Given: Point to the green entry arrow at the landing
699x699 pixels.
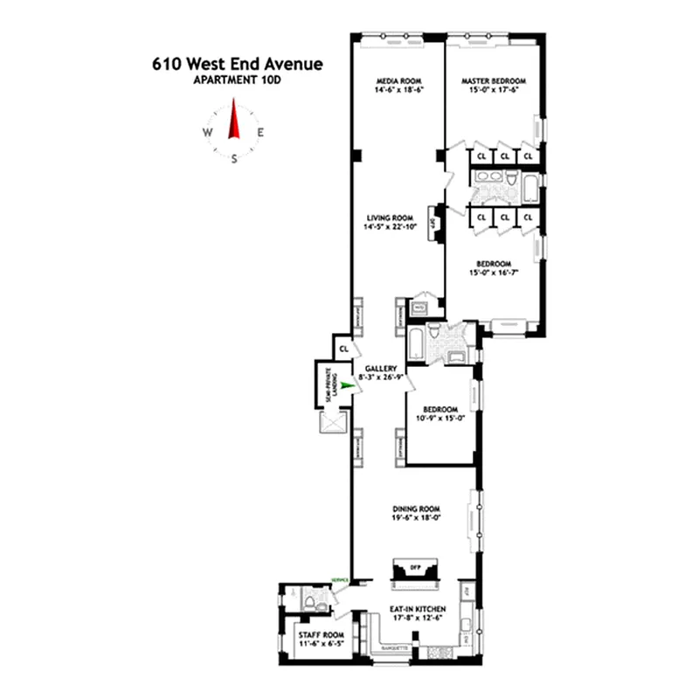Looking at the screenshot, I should point(348,384).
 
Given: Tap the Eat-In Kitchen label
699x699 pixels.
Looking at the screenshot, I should point(419,608).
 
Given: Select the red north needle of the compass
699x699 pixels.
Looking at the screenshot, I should point(233,121).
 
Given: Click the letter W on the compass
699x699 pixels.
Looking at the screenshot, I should point(207,133).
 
